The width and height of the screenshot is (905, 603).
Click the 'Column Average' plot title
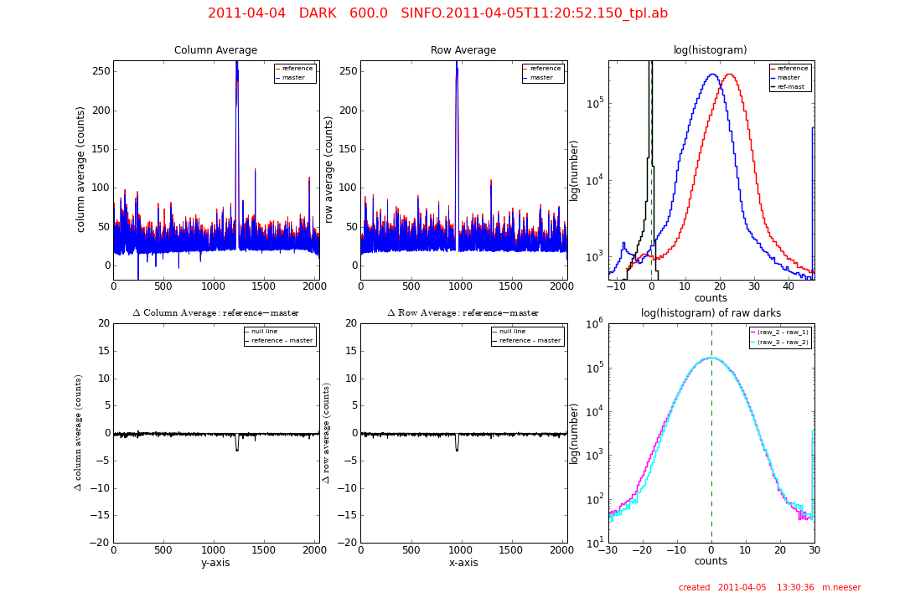coord(215,50)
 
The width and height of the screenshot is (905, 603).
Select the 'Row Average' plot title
coord(463,50)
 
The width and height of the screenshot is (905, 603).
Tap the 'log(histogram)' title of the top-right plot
coord(710,50)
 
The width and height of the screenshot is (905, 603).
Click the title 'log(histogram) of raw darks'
coord(711,313)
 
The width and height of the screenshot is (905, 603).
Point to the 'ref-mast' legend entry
coord(791,86)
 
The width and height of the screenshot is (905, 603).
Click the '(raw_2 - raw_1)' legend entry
coord(783,332)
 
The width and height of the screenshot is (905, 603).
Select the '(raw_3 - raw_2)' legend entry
coord(783,342)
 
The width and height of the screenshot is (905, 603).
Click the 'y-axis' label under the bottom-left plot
coord(215,563)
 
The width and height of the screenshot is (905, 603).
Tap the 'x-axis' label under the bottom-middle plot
coord(463,563)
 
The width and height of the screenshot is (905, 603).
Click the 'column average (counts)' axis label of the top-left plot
coord(81,169)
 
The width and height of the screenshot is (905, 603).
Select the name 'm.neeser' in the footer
coord(840,588)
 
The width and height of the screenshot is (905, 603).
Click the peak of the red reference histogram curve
coord(729,75)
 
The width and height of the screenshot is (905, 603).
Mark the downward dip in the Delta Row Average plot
coord(457,449)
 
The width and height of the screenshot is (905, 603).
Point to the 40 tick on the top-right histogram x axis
coord(788,286)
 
